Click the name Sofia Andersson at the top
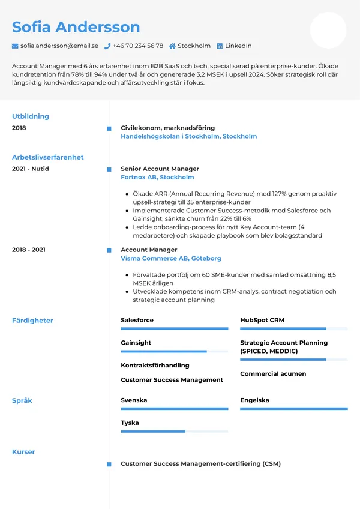click(x=76, y=27)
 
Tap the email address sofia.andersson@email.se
click(x=59, y=46)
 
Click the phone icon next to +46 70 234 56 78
click(x=107, y=46)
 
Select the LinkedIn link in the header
click(x=238, y=46)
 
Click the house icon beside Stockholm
click(x=172, y=46)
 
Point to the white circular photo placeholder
click(x=328, y=31)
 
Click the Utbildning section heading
click(x=31, y=116)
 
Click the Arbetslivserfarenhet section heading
click(x=48, y=157)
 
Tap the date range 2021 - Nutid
click(x=31, y=169)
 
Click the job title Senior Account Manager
click(x=160, y=169)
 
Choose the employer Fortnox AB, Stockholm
click(x=157, y=178)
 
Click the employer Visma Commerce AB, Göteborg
click(x=171, y=258)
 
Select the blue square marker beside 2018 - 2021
click(x=109, y=250)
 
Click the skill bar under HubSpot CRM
click(x=293, y=329)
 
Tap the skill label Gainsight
click(x=136, y=343)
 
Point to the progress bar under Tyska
click(x=174, y=432)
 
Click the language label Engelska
click(x=254, y=400)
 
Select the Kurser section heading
click(x=23, y=452)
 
